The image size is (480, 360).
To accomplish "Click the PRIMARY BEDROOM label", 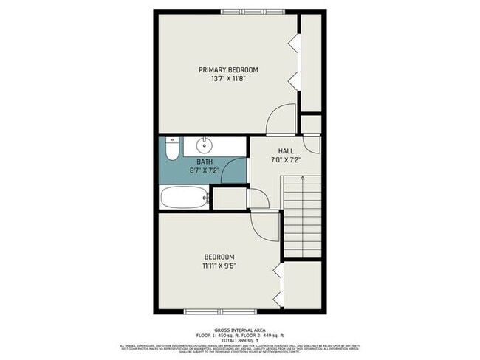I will pyautogui.click(x=228, y=69).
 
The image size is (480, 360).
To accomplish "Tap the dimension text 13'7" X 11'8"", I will pyautogui.click(x=228, y=78).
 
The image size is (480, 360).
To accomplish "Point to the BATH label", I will pyautogui.click(x=205, y=162).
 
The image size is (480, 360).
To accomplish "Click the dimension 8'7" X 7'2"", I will pyautogui.click(x=205, y=171).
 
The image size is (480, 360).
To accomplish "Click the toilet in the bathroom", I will pyautogui.click(x=170, y=152).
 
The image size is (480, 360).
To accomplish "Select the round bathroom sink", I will pyautogui.click(x=205, y=144).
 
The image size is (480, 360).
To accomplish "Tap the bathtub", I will pyautogui.click(x=183, y=198).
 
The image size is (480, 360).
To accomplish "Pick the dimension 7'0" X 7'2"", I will pyautogui.click(x=285, y=159).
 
